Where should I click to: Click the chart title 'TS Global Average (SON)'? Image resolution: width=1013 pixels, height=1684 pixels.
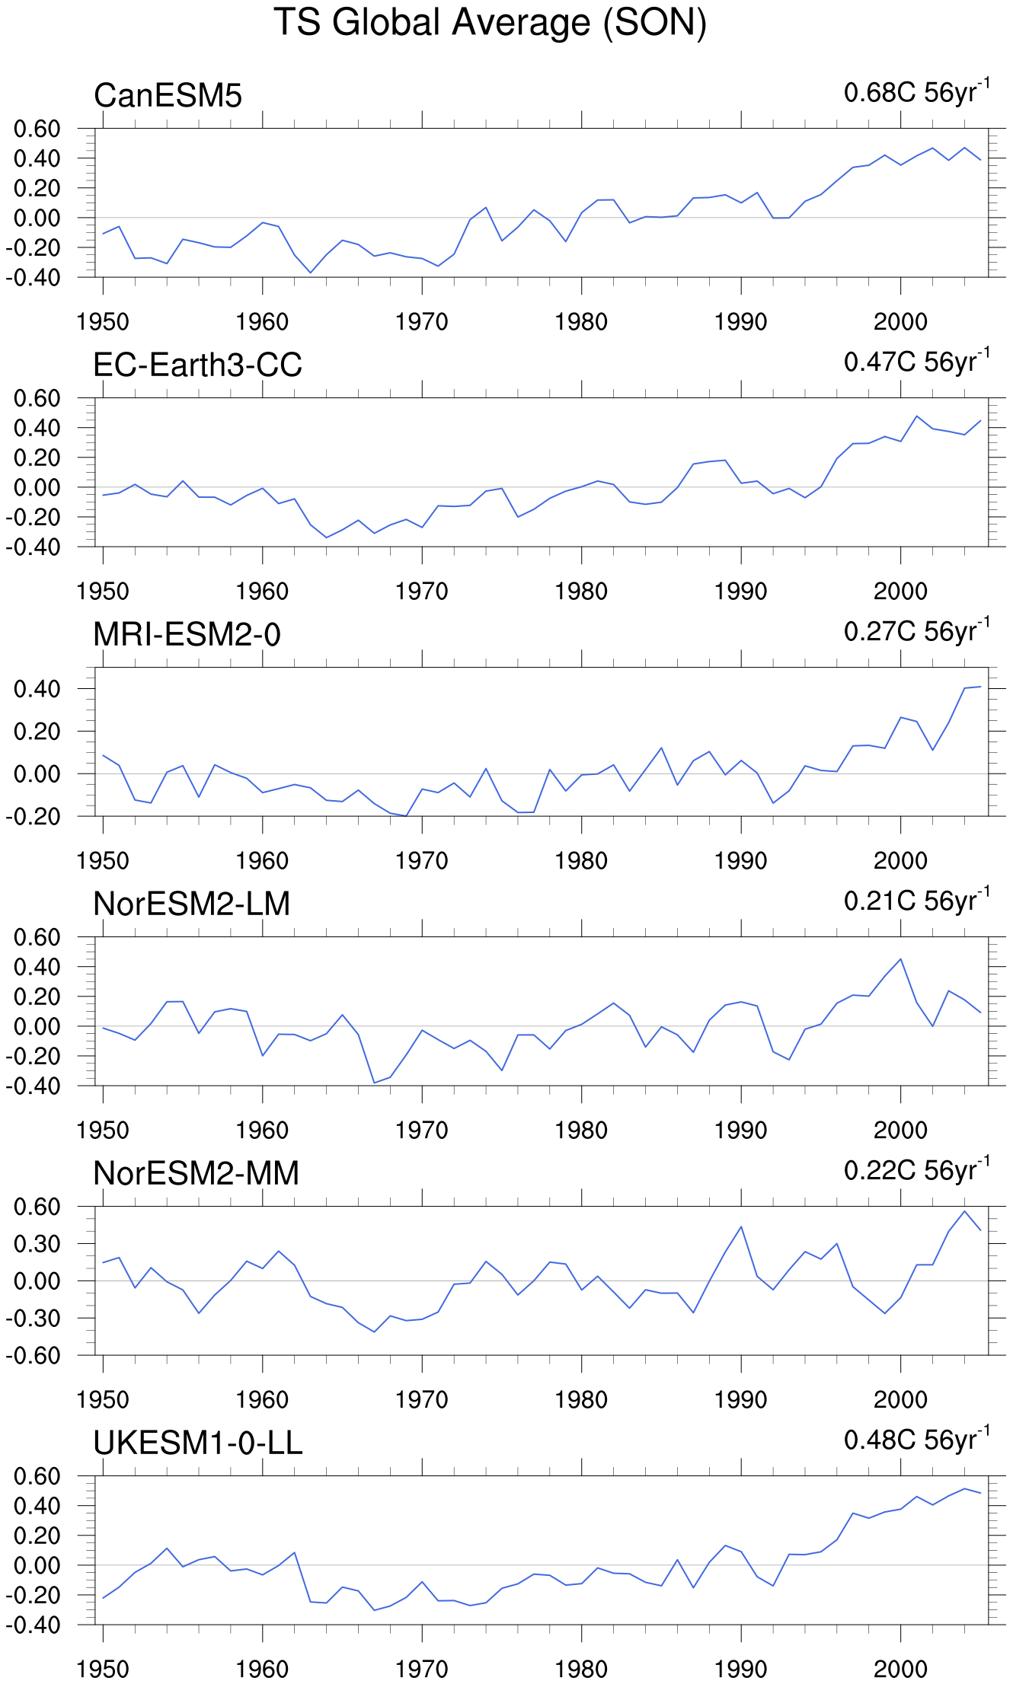490,23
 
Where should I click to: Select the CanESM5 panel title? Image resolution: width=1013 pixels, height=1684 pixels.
168,96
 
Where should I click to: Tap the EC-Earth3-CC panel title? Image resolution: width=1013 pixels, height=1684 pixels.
197,365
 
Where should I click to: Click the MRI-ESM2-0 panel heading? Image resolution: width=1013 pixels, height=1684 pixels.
187,635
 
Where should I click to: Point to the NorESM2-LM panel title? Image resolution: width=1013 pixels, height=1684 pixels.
191,904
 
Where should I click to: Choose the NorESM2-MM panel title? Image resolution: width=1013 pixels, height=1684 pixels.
196,1174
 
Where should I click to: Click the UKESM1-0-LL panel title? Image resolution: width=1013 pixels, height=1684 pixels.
197,1443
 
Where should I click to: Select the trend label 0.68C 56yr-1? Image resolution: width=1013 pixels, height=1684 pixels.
917,91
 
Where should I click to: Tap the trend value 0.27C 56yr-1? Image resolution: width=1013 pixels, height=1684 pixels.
917,630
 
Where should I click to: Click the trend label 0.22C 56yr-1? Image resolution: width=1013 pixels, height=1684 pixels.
917,1169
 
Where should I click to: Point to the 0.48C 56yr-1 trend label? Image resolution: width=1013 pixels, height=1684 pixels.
917,1439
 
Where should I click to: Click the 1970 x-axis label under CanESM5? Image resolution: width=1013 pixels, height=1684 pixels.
422,322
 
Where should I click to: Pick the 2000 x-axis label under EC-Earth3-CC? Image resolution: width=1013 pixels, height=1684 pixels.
900,592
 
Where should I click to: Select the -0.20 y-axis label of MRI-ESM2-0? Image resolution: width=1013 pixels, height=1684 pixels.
33,816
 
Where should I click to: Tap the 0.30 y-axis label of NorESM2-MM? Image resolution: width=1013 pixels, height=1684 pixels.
37,1244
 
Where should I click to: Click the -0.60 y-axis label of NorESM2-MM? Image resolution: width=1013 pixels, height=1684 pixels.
33,1355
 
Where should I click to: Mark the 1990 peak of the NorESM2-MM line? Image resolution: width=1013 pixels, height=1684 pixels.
741,1226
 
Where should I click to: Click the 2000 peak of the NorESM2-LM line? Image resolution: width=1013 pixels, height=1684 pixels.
901,959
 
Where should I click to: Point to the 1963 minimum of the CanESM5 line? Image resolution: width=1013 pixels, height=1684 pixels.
311,273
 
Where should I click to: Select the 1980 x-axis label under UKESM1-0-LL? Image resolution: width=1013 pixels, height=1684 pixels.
581,1670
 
